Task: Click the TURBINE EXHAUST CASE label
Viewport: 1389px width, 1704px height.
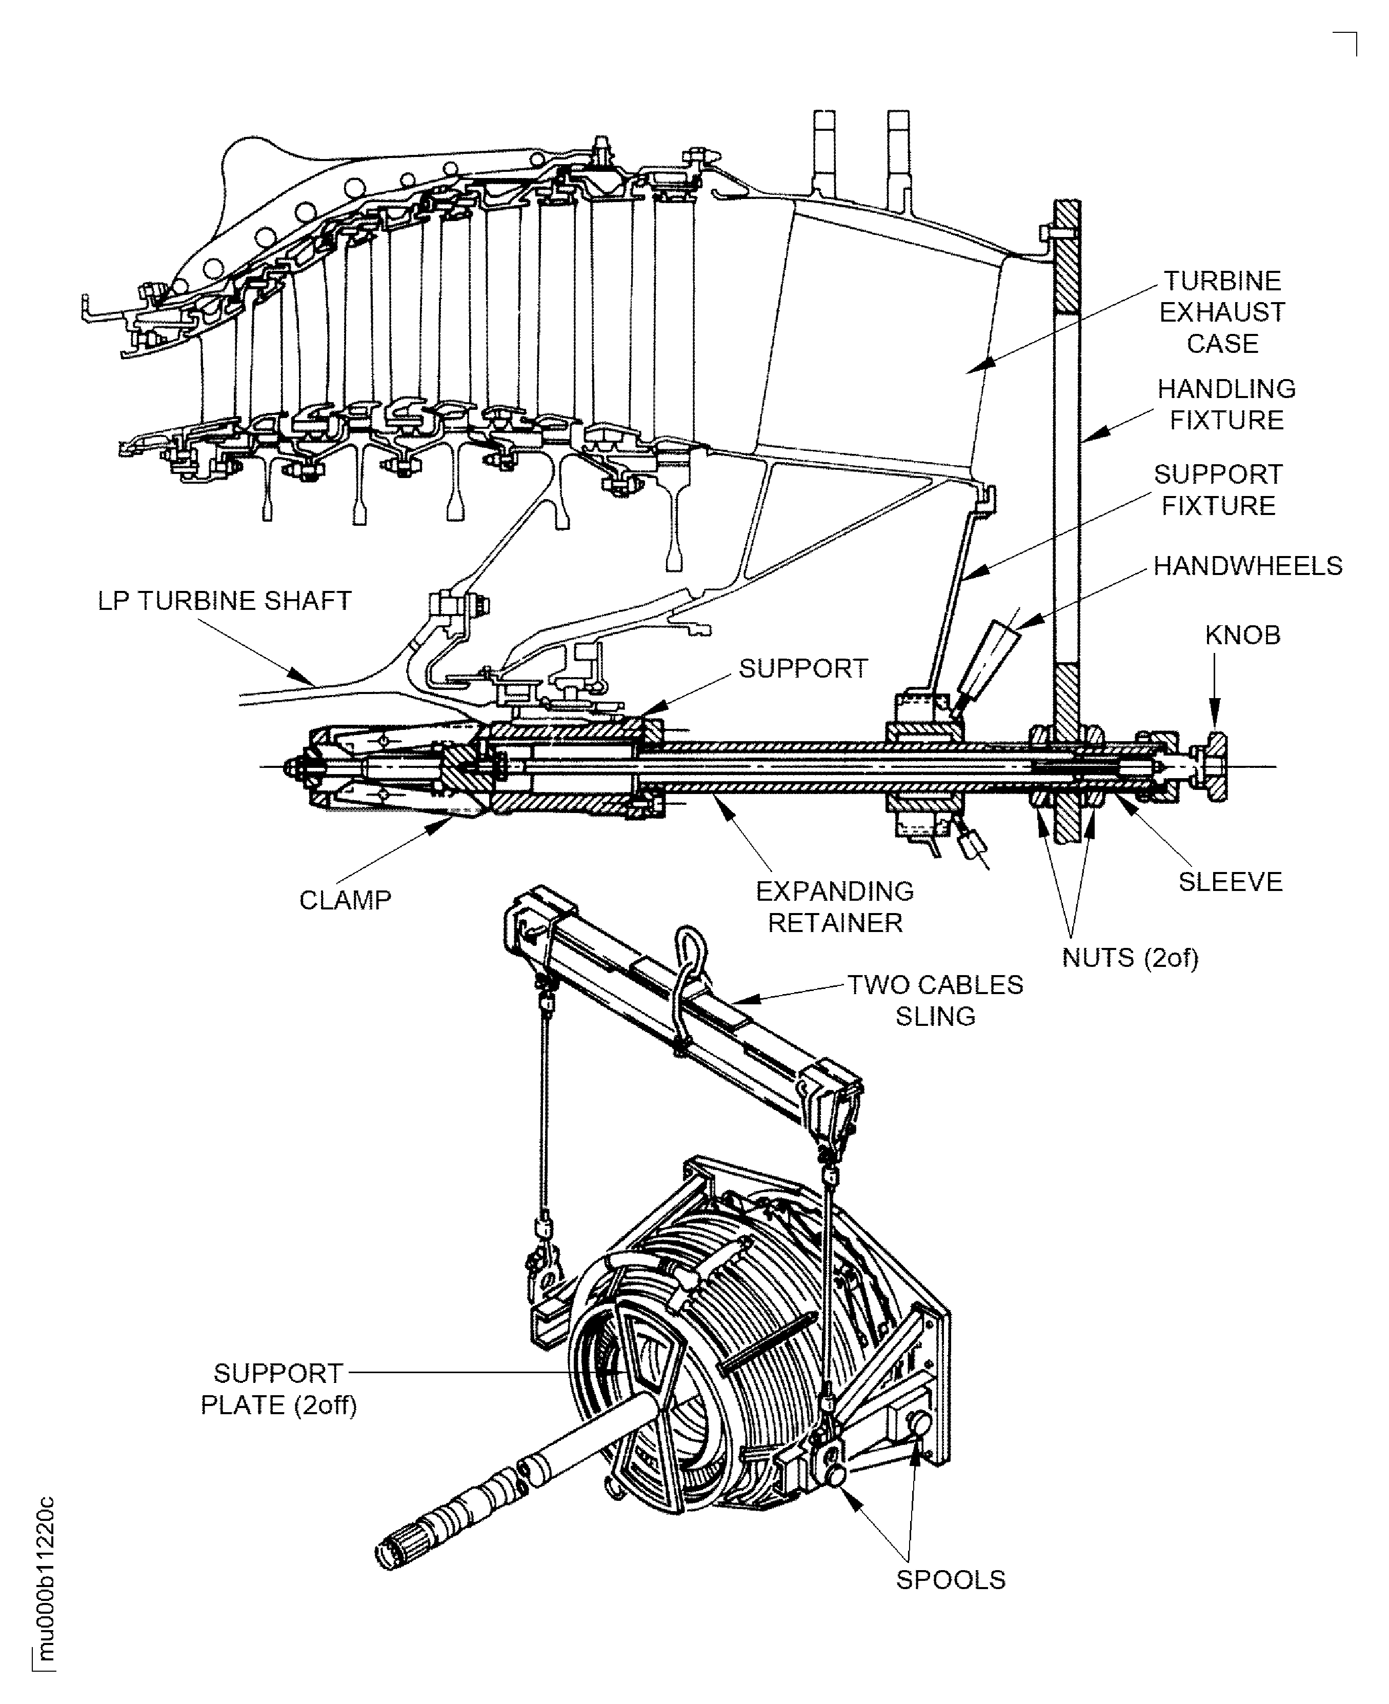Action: pyautogui.click(x=1222, y=312)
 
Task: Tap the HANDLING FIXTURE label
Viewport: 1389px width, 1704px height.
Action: pyautogui.click(x=1226, y=404)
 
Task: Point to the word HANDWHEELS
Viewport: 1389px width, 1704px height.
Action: pyautogui.click(x=1247, y=566)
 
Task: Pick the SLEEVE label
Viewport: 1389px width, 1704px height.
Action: pyautogui.click(x=1231, y=882)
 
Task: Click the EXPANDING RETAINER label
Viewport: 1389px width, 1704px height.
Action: pyautogui.click(x=835, y=907)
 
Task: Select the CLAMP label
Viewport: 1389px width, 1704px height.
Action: pyautogui.click(x=345, y=900)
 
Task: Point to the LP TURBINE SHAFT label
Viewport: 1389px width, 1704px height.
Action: pyautogui.click(x=224, y=601)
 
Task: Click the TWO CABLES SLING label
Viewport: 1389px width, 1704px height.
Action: pyautogui.click(x=935, y=1000)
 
